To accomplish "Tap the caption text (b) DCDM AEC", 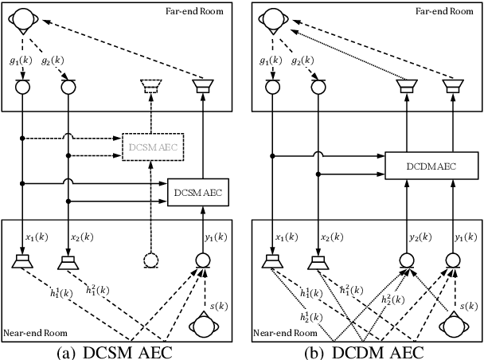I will tap(364, 351).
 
